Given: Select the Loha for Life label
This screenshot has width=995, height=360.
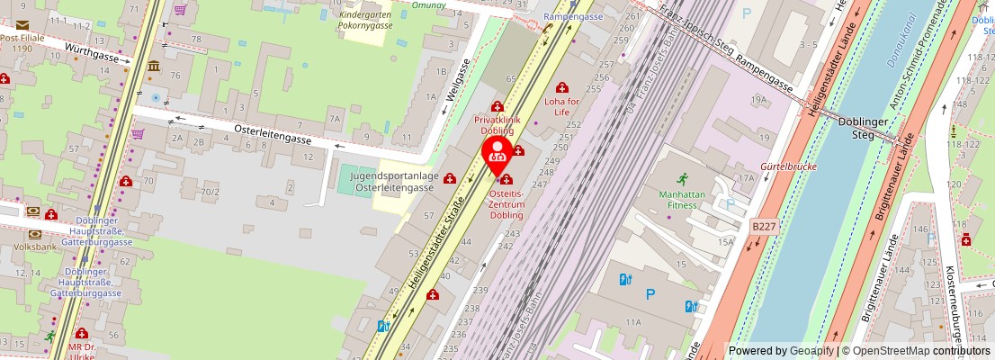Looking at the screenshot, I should pos(563,106).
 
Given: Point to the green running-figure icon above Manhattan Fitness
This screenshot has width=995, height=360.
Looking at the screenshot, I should pos(681,177).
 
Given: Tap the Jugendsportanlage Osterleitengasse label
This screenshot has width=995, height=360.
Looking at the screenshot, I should pos(394,182).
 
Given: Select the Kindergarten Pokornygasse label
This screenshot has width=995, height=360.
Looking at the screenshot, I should pos(365,21).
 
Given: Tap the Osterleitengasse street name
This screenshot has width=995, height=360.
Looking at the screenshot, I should pos(272,134).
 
